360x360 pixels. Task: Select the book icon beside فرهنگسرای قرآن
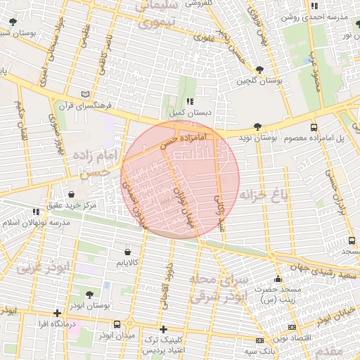[86, 94]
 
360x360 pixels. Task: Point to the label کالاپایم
[127, 263]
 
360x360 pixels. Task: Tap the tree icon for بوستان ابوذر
[89, 295]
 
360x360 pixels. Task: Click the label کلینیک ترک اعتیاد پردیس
[164, 345]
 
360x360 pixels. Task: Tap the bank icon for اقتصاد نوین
[291, 328]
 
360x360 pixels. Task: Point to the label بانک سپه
[259, 350]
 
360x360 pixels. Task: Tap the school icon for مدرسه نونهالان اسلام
[36, 211]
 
